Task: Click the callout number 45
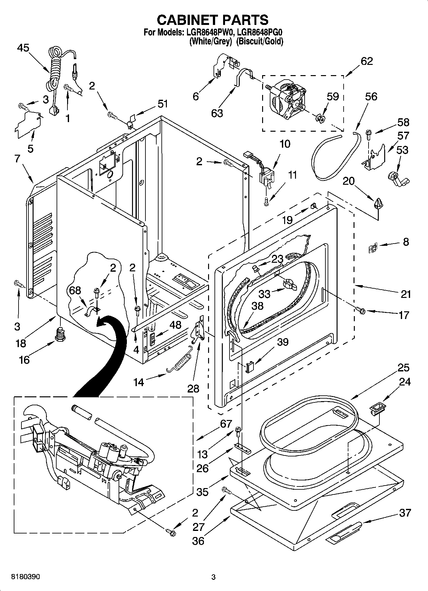[x=23, y=48]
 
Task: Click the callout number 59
[x=333, y=96]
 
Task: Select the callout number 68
[x=75, y=290]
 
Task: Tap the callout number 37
[x=405, y=513]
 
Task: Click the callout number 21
[x=406, y=293]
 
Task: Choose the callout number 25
[x=403, y=368]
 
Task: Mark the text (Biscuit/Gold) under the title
[x=260, y=42]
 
